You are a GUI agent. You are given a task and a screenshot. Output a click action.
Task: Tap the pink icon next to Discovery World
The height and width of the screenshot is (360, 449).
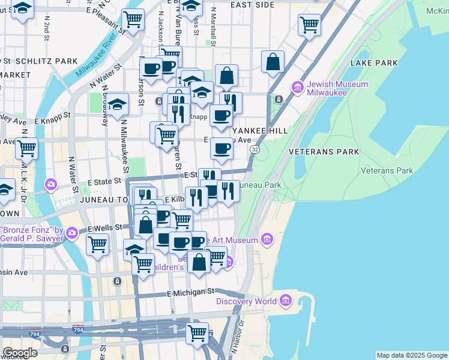(x=285, y=301)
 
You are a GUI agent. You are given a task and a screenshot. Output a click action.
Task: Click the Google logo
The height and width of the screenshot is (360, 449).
(x=20, y=353)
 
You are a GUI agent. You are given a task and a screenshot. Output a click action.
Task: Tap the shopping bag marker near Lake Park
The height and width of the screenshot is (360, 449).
(x=273, y=62)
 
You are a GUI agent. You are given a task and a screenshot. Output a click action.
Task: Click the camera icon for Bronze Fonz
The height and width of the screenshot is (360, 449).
(x=73, y=232)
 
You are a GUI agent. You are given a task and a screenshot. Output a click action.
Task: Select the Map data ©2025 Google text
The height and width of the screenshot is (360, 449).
(x=411, y=355)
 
